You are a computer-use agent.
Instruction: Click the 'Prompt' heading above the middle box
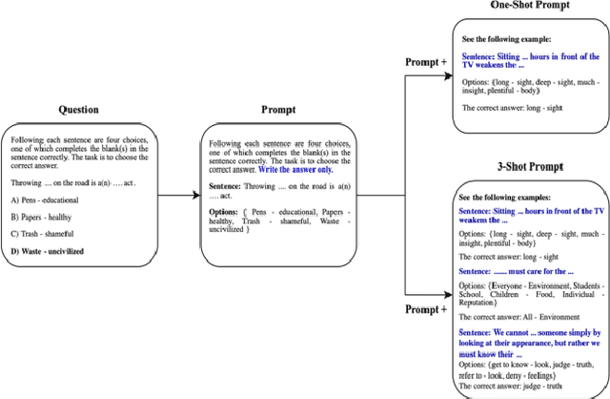pos(276,110)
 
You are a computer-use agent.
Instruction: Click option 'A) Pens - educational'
pos(45,199)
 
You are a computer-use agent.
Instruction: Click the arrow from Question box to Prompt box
pos(178,196)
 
